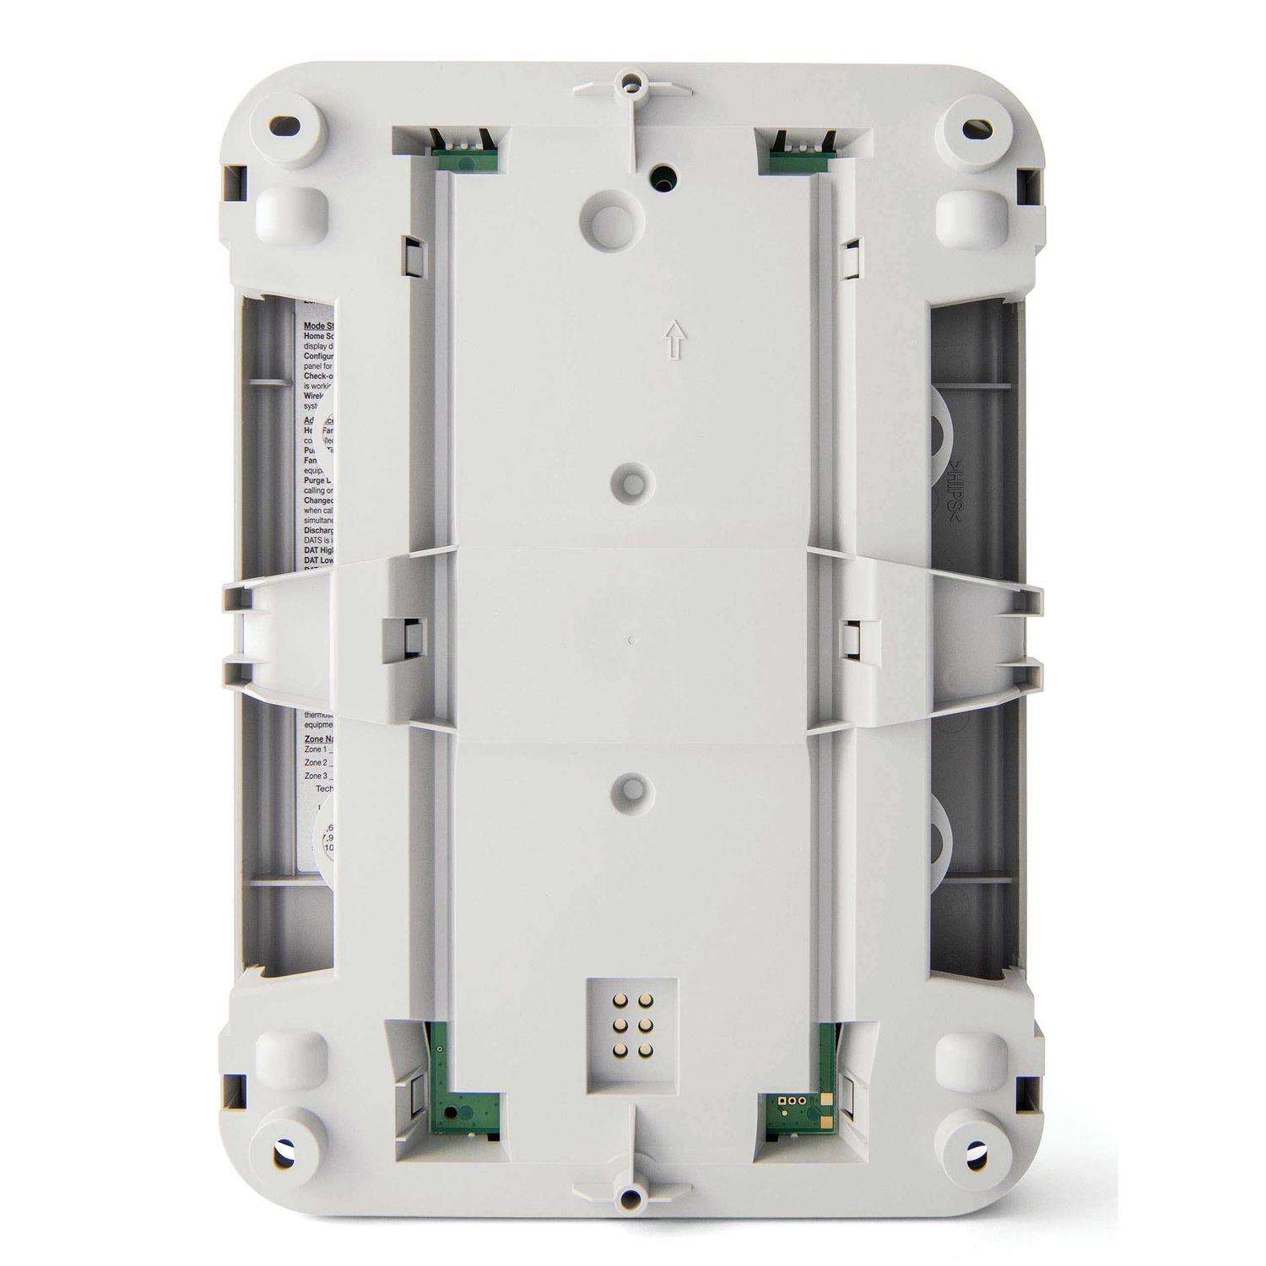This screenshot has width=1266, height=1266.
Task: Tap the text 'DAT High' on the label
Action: point(319,549)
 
